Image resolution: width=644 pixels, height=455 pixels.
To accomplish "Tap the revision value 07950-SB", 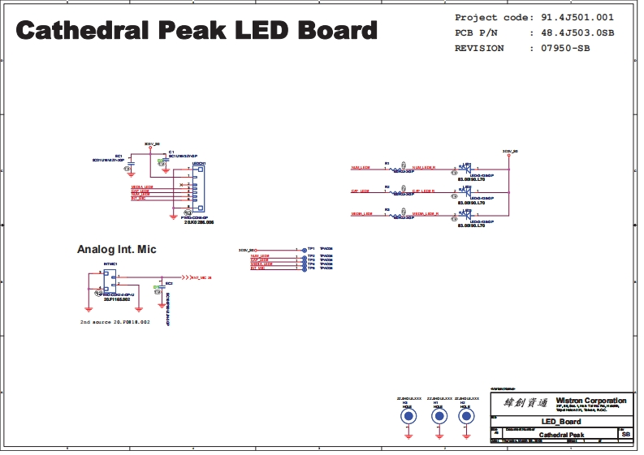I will point(560,48).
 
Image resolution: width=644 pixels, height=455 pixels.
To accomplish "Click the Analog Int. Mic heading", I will point(116,250).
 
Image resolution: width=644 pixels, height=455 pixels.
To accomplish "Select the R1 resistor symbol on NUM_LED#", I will point(398,169).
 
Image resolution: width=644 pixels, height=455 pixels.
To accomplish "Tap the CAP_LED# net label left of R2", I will point(360,191).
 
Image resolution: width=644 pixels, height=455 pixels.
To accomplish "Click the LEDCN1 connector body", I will point(198,187).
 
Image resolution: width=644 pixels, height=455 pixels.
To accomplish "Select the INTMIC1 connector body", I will point(110,281).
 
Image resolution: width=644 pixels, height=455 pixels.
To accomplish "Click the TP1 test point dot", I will point(304,250).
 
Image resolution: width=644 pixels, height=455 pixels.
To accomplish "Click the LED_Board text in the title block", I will point(561,422).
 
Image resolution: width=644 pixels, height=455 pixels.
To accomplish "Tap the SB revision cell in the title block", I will point(625,435).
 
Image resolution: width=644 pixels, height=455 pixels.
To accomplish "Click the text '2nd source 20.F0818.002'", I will point(115,322).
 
